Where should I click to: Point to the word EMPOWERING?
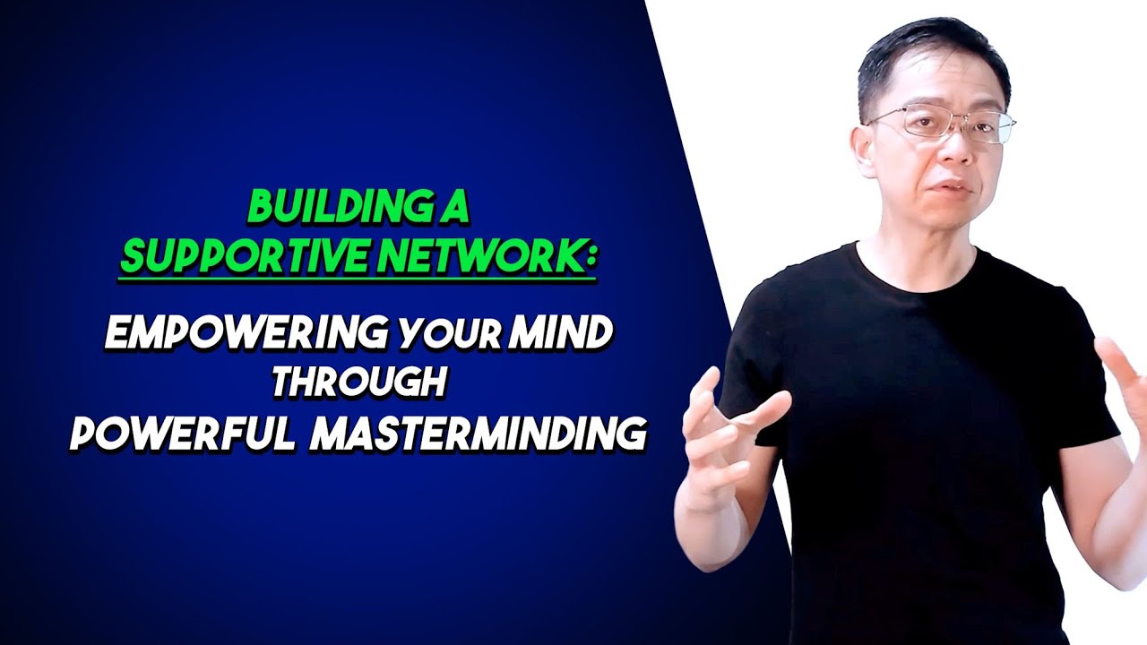point(246,333)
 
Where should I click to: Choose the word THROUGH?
point(359,383)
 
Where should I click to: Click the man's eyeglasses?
point(941,124)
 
